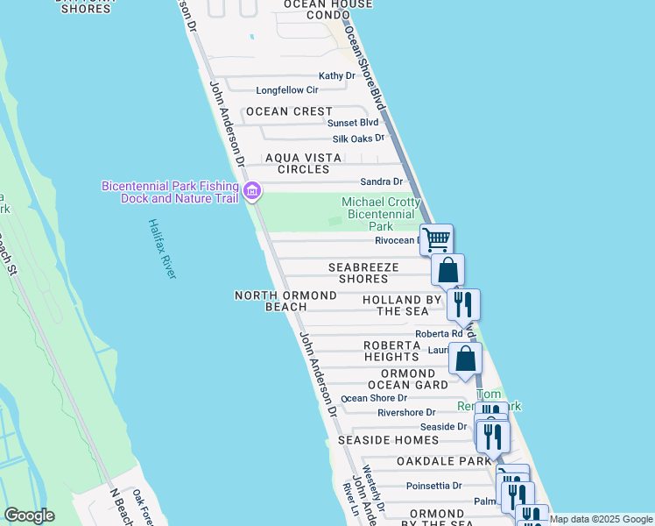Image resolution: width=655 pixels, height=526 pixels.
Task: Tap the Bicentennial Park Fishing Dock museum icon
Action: pos(252,190)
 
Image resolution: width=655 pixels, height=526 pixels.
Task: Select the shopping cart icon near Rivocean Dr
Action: pos(436,238)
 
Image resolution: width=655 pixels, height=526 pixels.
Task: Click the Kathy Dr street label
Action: pos(337,76)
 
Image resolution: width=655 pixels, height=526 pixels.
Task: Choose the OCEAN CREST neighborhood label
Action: pos(289,111)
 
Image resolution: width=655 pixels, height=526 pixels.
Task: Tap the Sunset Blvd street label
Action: pos(353,123)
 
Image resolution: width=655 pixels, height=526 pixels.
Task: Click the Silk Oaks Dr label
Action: pos(358,139)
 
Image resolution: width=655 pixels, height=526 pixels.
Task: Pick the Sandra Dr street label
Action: pos(382,181)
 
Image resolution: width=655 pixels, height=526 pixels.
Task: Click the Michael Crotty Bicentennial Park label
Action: pos(381,214)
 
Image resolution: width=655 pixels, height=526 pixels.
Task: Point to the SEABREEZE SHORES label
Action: pos(363,273)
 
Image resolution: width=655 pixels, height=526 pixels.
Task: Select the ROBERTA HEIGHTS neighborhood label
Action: pos(391,351)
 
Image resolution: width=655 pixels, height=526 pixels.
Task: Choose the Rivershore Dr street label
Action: pos(406,412)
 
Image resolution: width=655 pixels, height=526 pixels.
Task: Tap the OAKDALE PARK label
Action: pos(444,461)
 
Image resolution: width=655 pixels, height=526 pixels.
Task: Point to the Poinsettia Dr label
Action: pos(434,486)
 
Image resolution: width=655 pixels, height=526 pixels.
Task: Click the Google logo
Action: pos(29,515)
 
